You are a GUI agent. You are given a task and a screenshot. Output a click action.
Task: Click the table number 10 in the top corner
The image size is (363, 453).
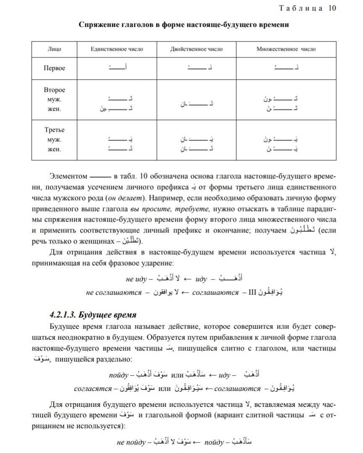point(332,8)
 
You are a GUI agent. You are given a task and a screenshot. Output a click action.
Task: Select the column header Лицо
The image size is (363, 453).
point(54,49)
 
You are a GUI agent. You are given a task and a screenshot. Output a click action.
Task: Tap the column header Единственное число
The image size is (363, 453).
point(117,49)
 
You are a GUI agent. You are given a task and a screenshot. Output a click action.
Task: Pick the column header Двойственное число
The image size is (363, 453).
point(196,49)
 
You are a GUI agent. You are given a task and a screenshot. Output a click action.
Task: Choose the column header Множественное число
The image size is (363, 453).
point(286,49)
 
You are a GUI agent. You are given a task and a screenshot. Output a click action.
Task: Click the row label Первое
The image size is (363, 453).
point(55,68)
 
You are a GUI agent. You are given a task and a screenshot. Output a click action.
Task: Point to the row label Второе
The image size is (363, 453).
point(55,90)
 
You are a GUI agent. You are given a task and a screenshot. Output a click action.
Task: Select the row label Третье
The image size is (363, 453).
point(55,130)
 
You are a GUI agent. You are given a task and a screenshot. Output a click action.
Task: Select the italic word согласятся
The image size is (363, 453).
point(92,389)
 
